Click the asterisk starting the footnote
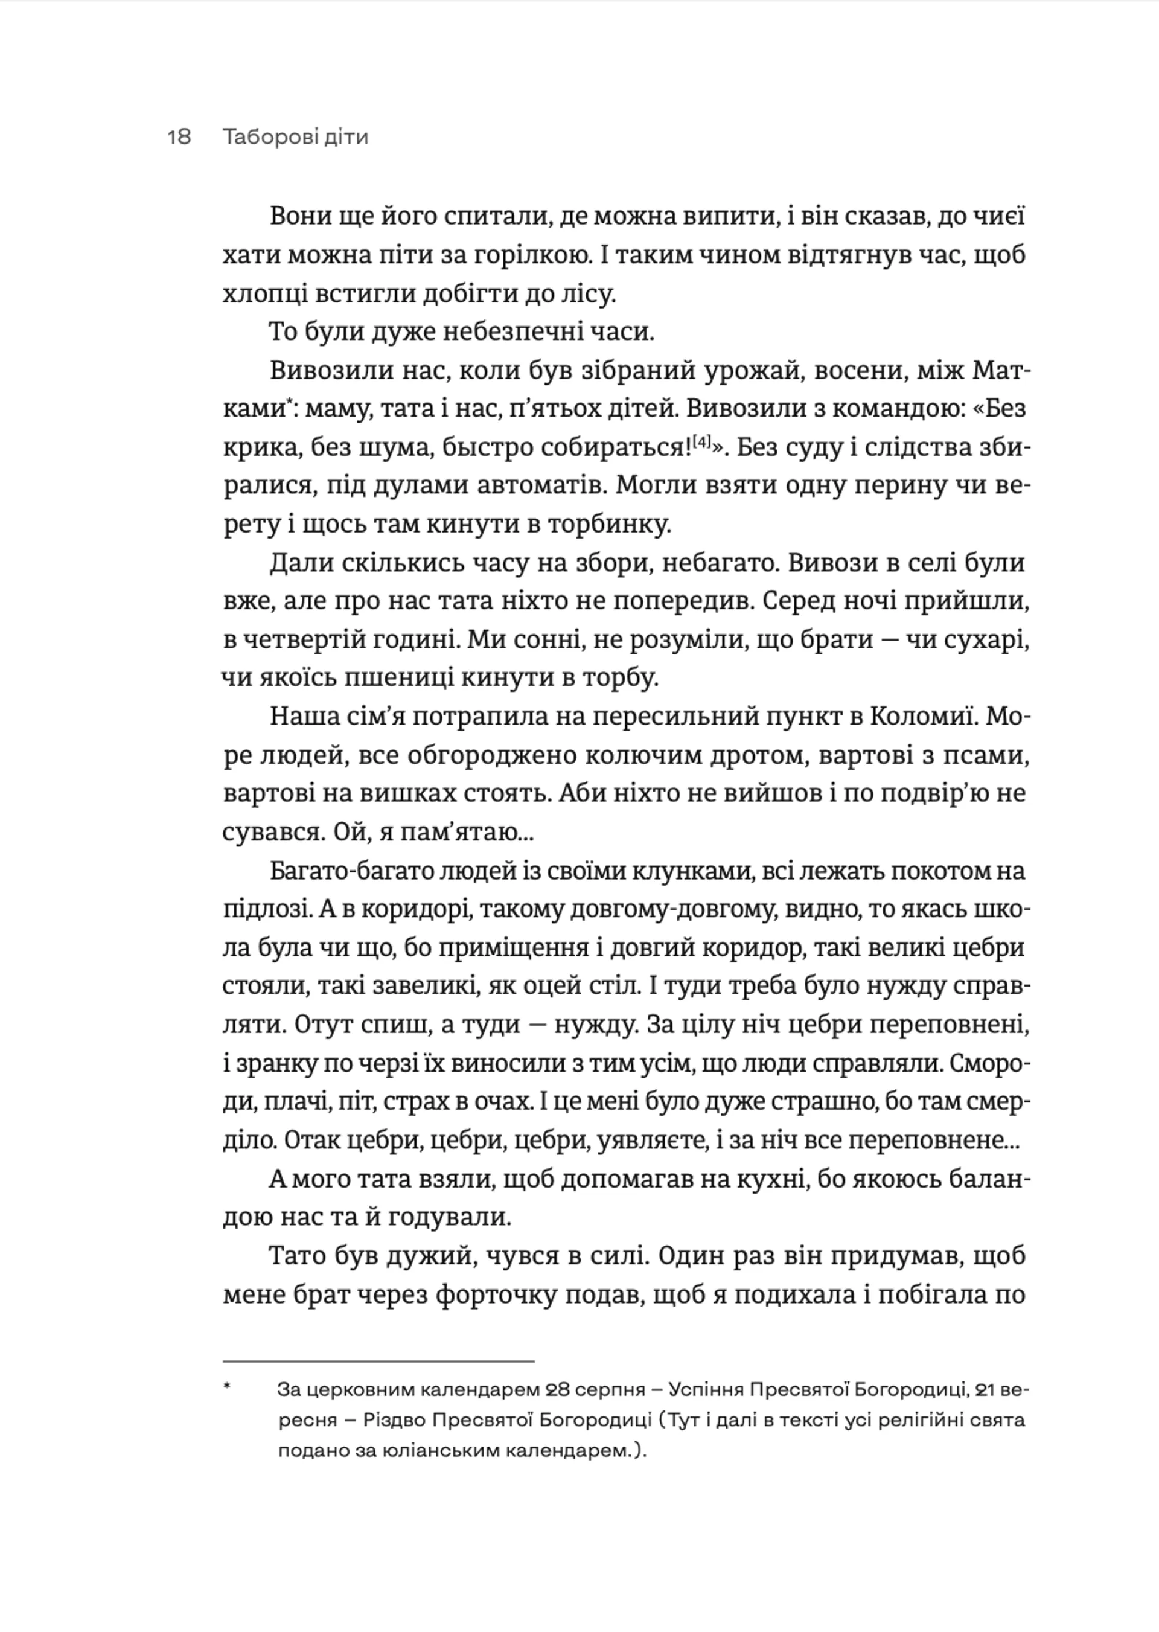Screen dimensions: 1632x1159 228,1386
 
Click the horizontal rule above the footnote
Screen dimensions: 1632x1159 378,1362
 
